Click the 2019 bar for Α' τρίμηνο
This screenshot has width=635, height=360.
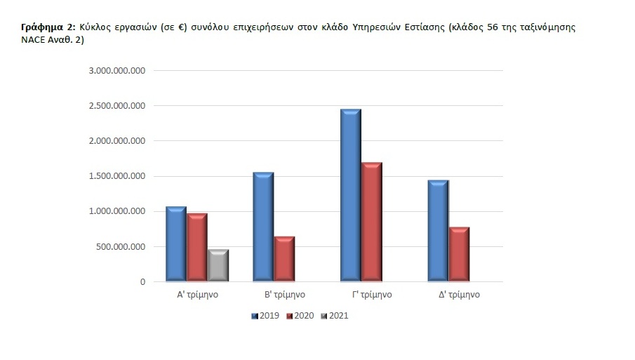[176, 244]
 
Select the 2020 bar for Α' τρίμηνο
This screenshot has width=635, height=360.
[197, 247]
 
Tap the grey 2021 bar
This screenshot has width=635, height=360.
[218, 265]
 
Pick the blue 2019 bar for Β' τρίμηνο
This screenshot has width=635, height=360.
[263, 227]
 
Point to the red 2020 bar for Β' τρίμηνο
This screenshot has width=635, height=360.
[284, 259]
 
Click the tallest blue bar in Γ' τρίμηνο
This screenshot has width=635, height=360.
[350, 195]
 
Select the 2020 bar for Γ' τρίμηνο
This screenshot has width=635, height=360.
[371, 222]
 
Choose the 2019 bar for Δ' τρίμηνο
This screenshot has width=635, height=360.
[438, 231]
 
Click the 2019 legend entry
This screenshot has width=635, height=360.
[266, 316]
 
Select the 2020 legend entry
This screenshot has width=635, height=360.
[300, 316]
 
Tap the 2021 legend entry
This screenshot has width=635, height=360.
[335, 316]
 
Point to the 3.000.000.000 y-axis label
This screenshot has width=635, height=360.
[116, 71]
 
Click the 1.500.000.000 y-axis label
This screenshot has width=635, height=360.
[116, 176]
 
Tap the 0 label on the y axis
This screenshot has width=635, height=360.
[142, 282]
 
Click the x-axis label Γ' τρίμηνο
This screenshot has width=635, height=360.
[372, 295]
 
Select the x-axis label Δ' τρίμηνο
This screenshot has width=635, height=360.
[459, 295]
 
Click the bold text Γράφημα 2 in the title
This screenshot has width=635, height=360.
[48, 27]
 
